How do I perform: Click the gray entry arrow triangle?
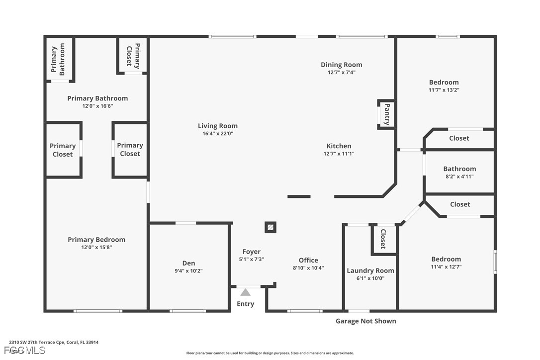pos(245,292)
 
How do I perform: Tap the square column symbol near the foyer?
pos(270,227)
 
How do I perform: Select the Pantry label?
pos(387,114)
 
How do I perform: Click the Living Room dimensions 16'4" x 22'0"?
pos(218,134)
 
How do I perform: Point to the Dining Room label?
pos(341,65)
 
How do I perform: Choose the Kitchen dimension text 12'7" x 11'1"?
pos(339,154)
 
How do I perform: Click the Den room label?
pos(189,263)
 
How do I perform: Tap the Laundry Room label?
pos(370,271)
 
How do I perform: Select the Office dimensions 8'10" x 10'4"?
pos(308,268)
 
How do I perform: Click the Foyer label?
pos(252,252)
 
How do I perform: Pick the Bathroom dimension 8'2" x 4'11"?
pos(459,177)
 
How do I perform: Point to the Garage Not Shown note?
pos(366,321)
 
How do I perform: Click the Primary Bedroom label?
pos(96,240)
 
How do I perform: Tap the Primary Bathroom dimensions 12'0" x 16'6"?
pos(97,106)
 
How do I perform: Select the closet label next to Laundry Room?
pos(383,239)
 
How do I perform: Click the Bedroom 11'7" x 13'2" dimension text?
pos(444,90)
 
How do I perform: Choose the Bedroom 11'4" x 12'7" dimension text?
pos(446,267)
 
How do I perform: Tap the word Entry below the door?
pos(245,304)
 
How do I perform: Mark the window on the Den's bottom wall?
pos(187,311)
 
